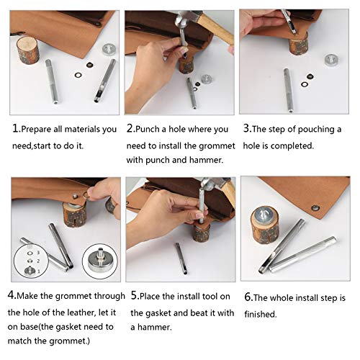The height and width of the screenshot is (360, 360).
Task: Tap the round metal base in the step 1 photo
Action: (109, 48)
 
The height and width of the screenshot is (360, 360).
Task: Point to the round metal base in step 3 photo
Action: (331, 60)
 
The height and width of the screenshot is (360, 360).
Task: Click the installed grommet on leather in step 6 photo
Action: (314, 207)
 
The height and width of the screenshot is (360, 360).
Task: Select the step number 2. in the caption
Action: (131, 130)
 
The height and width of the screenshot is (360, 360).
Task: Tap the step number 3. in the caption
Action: (246, 130)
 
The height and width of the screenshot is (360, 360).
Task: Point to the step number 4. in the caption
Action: (12, 296)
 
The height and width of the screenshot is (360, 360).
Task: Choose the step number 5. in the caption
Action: (134, 296)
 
